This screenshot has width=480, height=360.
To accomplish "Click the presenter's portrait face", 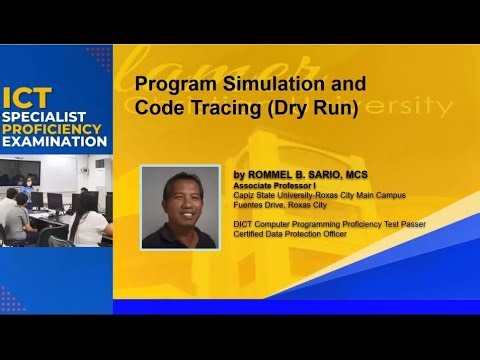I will click(179, 200).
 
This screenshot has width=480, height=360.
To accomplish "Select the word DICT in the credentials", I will click(242, 224).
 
